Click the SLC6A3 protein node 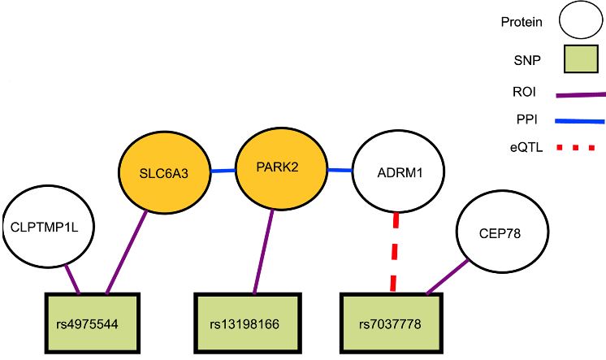[165, 171]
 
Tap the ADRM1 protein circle [399, 172]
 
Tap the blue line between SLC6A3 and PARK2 [222, 171]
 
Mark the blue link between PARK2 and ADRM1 [339, 170]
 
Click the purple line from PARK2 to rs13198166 [263, 248]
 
